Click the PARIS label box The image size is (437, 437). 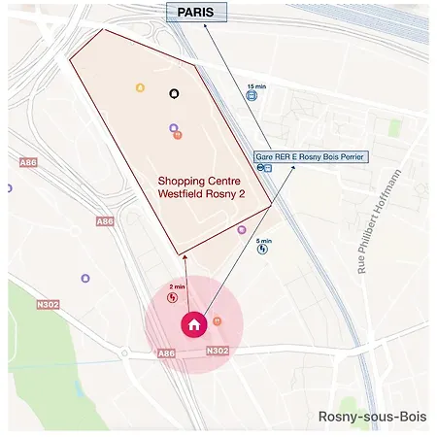(197, 13)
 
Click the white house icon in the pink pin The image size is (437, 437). (194, 324)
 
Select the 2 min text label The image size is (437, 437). (177, 287)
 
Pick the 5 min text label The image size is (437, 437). (263, 241)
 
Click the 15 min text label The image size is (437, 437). (256, 86)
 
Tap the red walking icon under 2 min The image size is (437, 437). (173, 298)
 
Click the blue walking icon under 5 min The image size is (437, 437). (262, 251)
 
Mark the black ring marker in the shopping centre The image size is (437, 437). (174, 94)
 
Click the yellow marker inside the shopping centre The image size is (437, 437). (140, 88)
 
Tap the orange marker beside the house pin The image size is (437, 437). (217, 320)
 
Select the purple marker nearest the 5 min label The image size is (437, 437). (242, 230)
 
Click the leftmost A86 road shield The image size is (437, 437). (28, 162)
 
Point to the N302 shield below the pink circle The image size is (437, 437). (218, 351)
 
